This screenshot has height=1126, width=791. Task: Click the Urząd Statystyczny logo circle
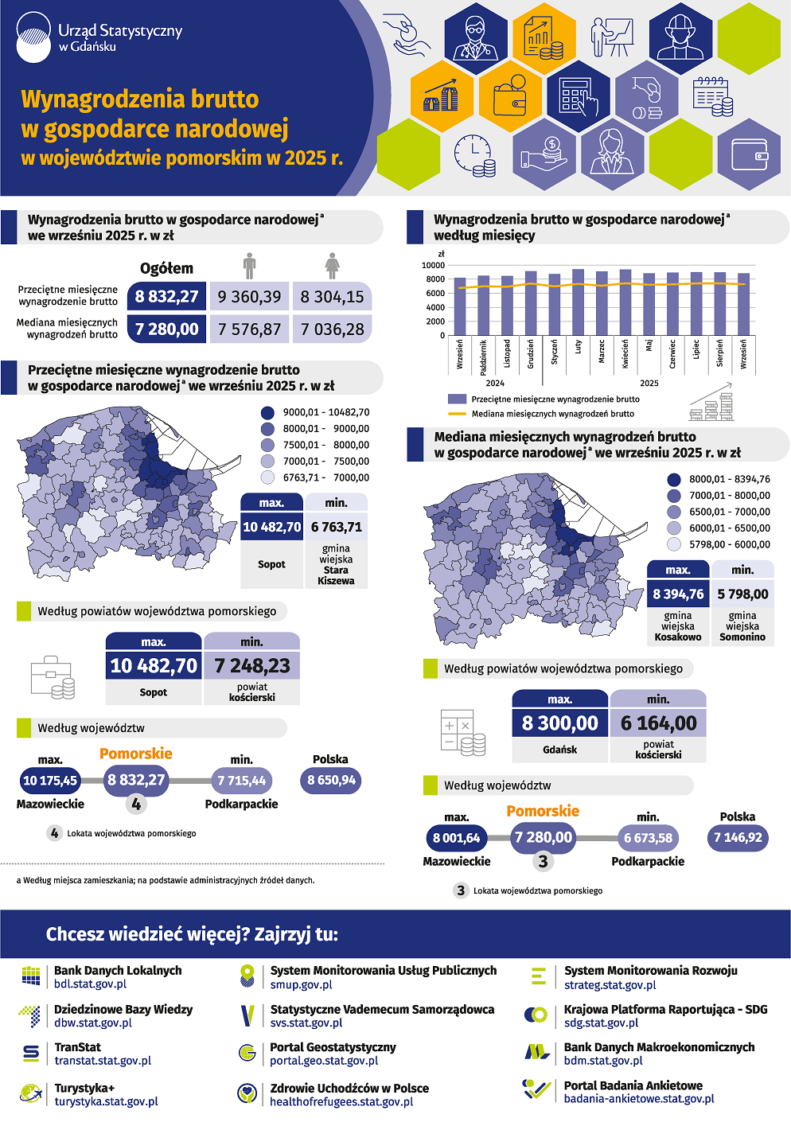33,37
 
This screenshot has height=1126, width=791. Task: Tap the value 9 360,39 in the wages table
249,297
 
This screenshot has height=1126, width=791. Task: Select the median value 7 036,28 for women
332,329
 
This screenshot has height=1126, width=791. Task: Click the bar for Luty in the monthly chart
579,302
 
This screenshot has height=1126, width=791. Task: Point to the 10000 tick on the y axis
434,266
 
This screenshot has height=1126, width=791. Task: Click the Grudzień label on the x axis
531,353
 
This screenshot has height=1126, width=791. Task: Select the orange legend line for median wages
457,414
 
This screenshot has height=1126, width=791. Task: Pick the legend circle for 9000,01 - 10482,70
268,413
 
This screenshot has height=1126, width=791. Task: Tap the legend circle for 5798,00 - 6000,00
674,544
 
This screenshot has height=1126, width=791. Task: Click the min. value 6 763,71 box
336,527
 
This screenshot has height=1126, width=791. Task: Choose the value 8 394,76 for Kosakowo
678,594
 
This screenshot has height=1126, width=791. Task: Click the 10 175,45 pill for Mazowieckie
50,781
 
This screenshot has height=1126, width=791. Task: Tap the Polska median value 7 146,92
738,837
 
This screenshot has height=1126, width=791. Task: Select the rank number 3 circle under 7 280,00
544,861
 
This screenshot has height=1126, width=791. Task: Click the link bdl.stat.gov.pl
90,984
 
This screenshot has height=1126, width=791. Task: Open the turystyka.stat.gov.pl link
106,1101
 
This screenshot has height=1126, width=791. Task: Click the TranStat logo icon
31,1054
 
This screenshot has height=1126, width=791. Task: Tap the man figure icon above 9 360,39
249,266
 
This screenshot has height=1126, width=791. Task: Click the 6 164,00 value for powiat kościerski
658,723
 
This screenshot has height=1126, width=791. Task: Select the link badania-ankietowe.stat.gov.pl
639,1099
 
